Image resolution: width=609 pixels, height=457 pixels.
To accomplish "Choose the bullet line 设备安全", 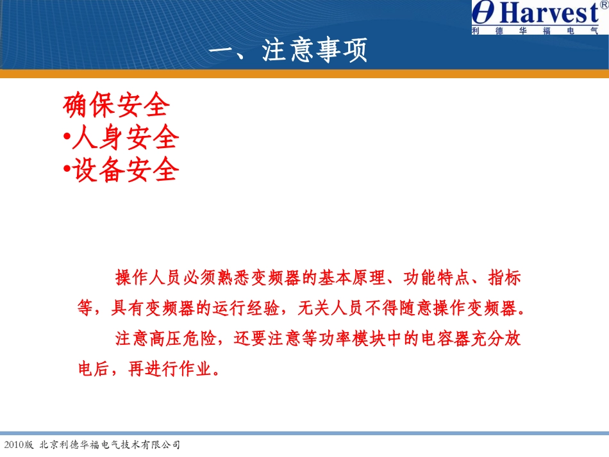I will [x=125, y=170].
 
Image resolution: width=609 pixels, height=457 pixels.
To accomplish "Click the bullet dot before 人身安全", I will [x=67, y=138].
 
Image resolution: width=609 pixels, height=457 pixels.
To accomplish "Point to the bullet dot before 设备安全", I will [x=67, y=170].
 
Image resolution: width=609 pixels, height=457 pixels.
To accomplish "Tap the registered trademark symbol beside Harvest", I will [x=603, y=5].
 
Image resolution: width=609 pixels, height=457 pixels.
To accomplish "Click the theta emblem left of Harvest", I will [x=485, y=13].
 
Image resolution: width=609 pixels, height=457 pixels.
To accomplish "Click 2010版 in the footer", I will [x=19, y=444].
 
